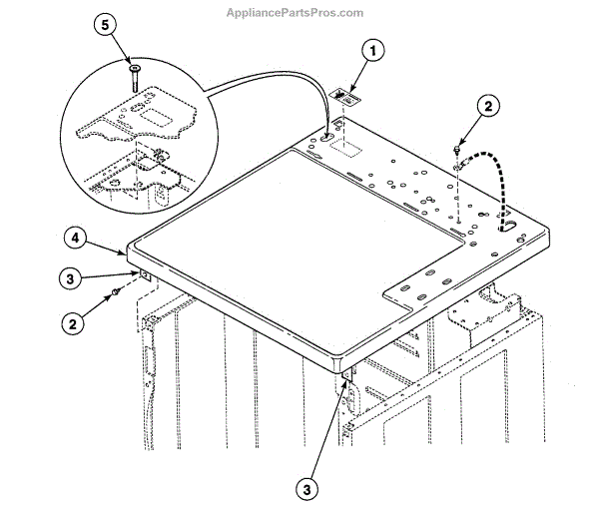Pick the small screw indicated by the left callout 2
pos(118,291)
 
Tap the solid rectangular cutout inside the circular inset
pos(159,118)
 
